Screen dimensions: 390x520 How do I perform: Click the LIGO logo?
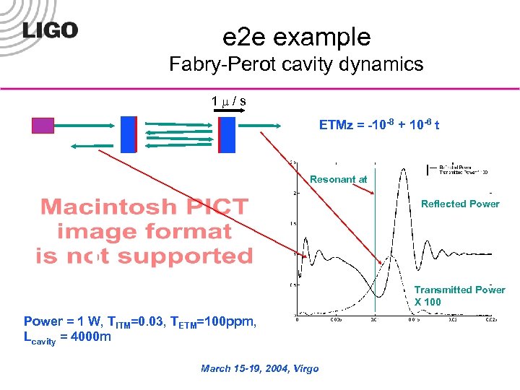coord(50,30)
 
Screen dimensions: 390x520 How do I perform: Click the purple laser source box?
coord(43,126)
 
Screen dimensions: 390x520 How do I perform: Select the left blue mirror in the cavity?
coord(129,134)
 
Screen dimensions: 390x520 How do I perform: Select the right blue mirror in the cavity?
coord(227,134)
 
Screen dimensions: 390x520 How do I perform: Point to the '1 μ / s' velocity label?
coord(228,100)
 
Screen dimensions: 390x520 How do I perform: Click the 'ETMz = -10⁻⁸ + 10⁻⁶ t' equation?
coord(380,126)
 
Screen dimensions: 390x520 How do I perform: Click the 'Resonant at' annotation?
coord(338,179)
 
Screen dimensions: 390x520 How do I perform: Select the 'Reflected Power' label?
coord(460,204)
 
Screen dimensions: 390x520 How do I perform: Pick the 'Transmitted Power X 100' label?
coord(459,295)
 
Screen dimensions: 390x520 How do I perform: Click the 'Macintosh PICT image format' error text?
coord(144,231)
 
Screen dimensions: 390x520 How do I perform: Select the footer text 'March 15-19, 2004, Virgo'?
coord(259,368)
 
